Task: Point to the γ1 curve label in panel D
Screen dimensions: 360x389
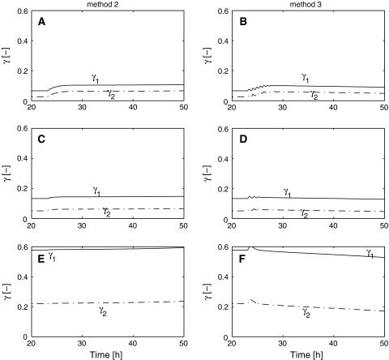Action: click(x=288, y=192)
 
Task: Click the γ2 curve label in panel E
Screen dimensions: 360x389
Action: click(x=103, y=309)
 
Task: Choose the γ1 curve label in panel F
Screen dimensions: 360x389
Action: click(x=370, y=254)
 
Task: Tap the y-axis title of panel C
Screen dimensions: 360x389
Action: click(x=6, y=174)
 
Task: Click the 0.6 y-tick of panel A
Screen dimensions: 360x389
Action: click(x=20, y=11)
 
